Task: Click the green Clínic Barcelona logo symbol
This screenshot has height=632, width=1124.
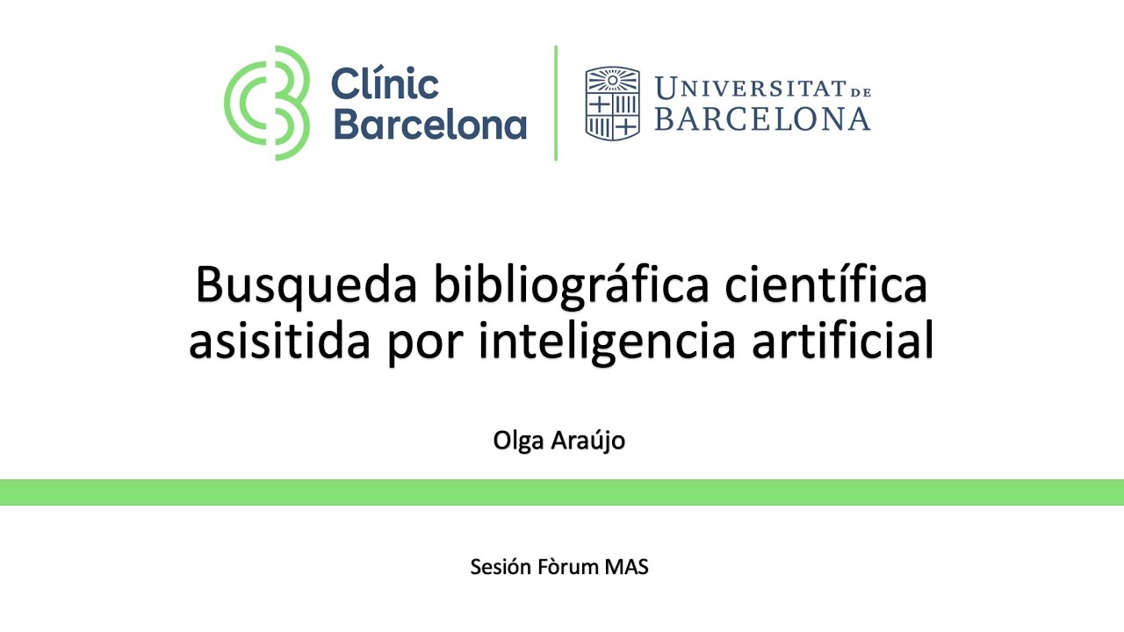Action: [x=267, y=103]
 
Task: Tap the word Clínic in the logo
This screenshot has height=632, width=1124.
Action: [x=385, y=86]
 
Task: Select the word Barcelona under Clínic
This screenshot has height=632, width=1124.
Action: [x=429, y=125]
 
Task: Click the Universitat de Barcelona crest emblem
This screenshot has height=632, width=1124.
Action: [x=612, y=103]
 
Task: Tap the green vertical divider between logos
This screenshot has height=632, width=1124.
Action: [x=556, y=103]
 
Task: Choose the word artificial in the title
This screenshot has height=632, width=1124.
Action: [x=843, y=341]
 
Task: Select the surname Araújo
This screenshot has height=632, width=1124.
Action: [x=587, y=441]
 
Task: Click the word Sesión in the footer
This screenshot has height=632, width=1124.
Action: [x=501, y=567]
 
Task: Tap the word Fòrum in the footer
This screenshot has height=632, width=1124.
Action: [x=568, y=567]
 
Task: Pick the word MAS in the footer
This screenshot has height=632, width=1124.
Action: [x=627, y=567]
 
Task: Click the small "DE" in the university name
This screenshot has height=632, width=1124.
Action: [x=860, y=90]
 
